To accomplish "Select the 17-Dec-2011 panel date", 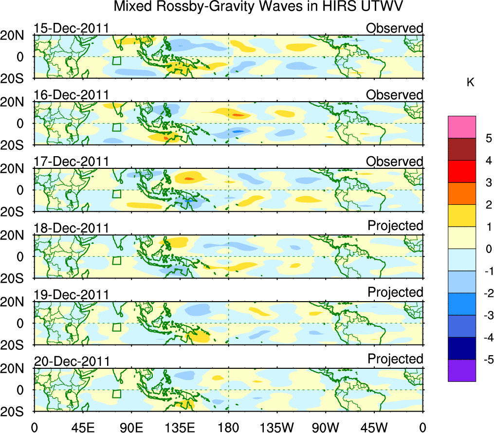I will [x=71, y=162].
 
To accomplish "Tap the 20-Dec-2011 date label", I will [x=71, y=361].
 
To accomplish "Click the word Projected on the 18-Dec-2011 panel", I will [x=395, y=226].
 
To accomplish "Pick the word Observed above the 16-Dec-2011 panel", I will [x=395, y=95].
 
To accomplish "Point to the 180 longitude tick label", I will [x=228, y=427].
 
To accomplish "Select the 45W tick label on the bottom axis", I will [x=374, y=427].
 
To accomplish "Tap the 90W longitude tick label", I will [x=326, y=427].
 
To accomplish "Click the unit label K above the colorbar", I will [x=470, y=83].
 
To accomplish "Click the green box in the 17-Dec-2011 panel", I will [x=116, y=194].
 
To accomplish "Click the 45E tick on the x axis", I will [x=82, y=427].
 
